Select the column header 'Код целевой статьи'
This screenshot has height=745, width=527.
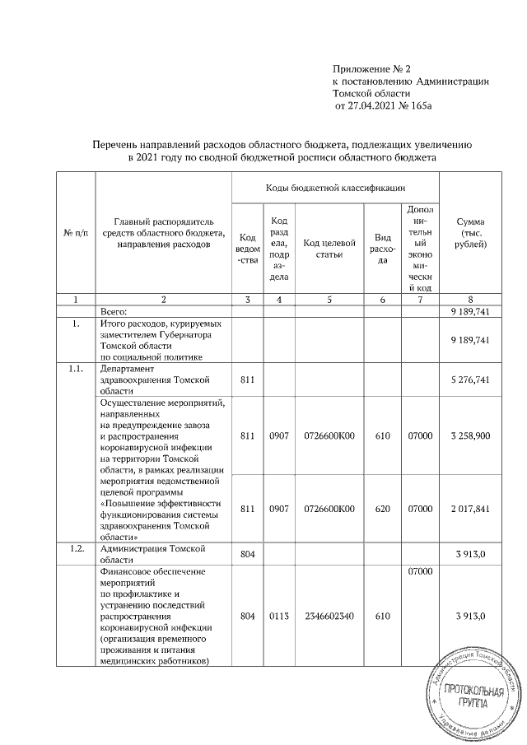[x=329, y=242]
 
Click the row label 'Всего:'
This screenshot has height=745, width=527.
[x=114, y=313]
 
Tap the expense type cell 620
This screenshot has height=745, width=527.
[x=382, y=509]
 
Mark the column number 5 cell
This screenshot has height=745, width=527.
[x=329, y=300]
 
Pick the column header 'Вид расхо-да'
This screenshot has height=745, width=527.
[x=382, y=242]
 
